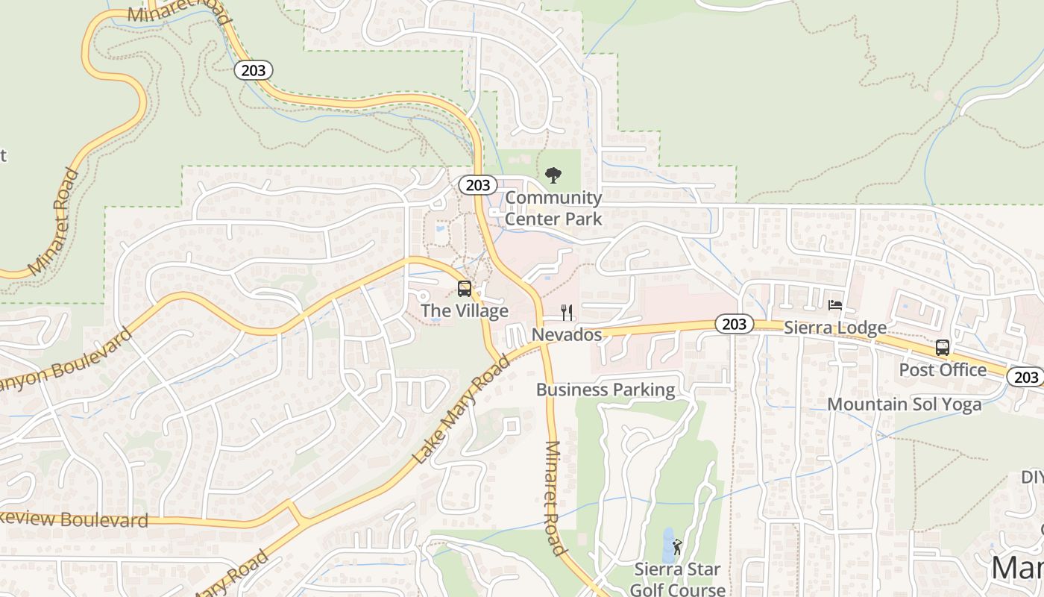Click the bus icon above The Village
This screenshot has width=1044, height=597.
tap(465, 289)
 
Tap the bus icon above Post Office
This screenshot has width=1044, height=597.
tap(943, 348)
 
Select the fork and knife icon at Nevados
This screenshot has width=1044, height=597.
tap(567, 313)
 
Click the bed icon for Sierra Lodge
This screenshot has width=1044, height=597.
tap(835, 305)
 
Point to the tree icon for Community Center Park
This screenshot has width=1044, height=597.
tap(553, 175)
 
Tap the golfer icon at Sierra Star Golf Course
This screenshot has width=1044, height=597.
tap(676, 548)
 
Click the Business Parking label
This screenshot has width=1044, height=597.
tap(606, 390)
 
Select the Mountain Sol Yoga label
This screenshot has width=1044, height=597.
tap(905, 404)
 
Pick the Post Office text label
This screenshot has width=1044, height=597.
tap(943, 369)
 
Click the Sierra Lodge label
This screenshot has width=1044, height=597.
tap(835, 328)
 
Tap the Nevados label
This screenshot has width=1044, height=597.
tap(567, 334)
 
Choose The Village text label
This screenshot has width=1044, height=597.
tap(465, 310)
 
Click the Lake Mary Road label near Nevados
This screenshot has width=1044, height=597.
tap(462, 409)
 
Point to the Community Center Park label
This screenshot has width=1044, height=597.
tap(553, 208)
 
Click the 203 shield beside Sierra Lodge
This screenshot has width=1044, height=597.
tap(735, 324)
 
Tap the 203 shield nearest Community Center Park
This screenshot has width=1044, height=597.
tap(477, 184)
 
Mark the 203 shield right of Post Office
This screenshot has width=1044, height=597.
tap(1026, 377)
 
